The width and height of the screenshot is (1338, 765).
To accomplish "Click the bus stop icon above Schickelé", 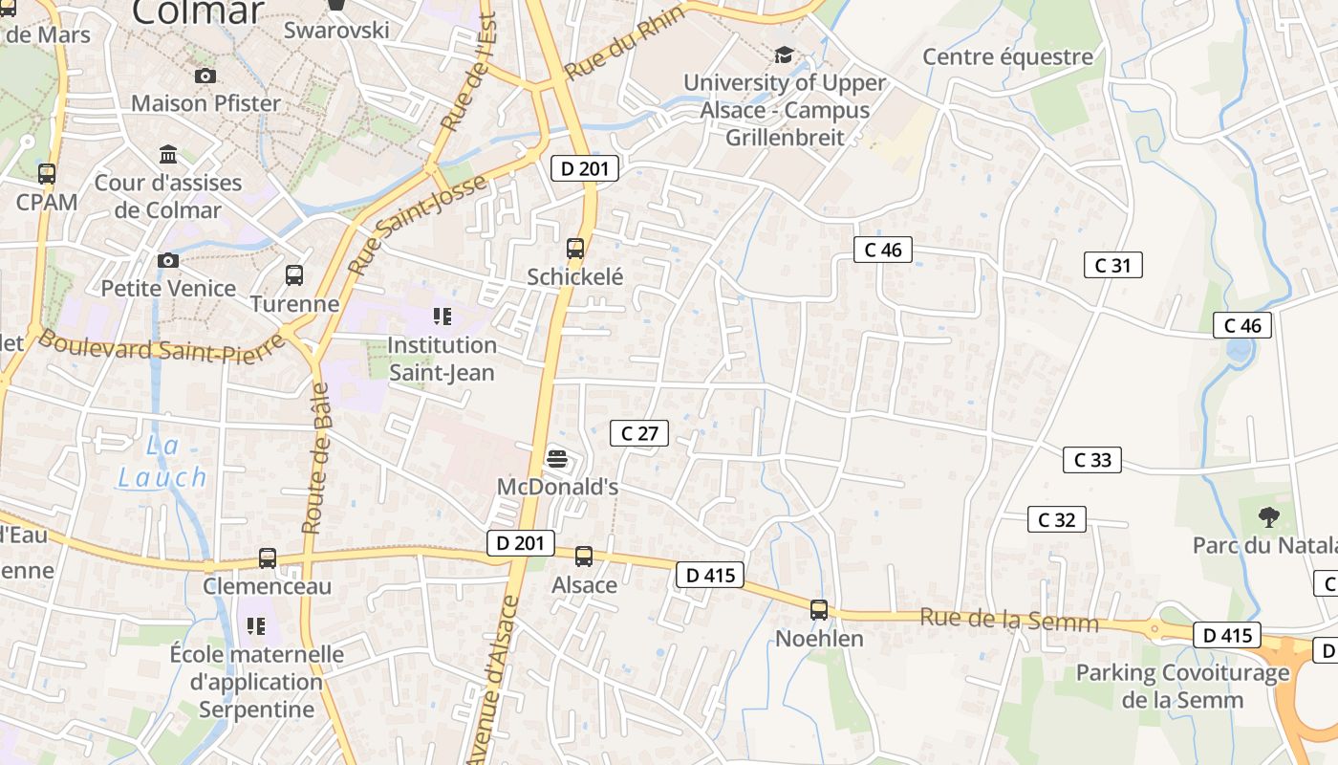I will coord(574,249).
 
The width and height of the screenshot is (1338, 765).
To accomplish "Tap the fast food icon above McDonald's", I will coord(557,459).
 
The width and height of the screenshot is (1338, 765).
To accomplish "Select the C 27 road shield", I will coord(639,433).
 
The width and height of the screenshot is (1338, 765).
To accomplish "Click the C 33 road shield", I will coord(1092,460).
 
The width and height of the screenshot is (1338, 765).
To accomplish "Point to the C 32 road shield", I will coord(1056,520).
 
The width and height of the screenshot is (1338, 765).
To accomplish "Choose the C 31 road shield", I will coord(1112,265).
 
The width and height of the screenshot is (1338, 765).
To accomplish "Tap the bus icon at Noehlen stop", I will coord(819,610).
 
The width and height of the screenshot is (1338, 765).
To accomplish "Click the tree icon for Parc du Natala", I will coord(1268,517).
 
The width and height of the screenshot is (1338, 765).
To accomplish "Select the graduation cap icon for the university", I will coord(784,55).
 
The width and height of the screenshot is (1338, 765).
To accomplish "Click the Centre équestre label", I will coord(1007,57).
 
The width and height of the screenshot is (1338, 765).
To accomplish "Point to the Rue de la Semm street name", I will coord(1008,621).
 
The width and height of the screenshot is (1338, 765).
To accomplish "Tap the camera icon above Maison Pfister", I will coord(205,76).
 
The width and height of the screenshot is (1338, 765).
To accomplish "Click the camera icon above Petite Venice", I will coord(168,260).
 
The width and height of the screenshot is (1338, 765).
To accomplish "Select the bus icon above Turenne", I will coord(294,275).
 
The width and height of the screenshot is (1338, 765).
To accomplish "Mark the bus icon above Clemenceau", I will coord(268,558).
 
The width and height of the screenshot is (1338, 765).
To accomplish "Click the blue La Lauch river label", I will coord(162,461).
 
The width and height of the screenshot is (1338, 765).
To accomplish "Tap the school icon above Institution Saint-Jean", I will coord(442,316).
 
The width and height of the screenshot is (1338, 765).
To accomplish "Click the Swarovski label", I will coord(336,30).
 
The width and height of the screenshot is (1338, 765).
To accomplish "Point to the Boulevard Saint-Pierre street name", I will coord(161,348).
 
